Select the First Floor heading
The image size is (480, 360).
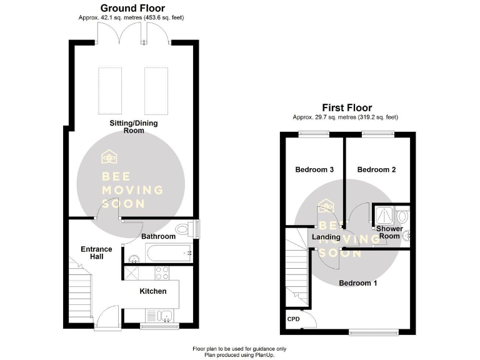click(x=346, y=107)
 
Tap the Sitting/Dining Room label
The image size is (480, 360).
click(x=134, y=127)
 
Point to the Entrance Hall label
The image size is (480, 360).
click(x=96, y=252)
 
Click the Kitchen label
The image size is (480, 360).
click(x=152, y=291)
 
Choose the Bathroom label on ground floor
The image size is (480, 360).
click(x=158, y=237)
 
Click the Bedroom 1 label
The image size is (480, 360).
click(x=358, y=283)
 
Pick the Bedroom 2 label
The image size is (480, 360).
click(x=376, y=169)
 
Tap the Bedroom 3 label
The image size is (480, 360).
click(x=314, y=169)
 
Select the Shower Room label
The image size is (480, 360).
click(x=389, y=232)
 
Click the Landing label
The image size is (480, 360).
click(x=326, y=237)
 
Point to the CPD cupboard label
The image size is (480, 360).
click(x=293, y=320)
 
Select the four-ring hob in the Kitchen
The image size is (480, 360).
click(x=161, y=273)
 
